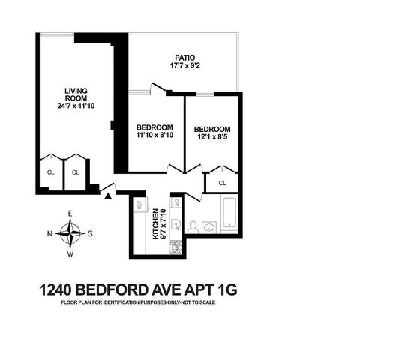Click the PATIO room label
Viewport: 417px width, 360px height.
point(184,58)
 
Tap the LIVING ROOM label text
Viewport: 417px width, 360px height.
point(76,94)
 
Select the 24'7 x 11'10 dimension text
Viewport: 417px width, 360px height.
point(76,106)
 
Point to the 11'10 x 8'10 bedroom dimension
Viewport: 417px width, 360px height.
point(154,135)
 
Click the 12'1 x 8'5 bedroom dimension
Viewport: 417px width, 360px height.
point(212,137)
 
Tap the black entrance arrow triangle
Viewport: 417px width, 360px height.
point(108,196)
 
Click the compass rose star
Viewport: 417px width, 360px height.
point(70,234)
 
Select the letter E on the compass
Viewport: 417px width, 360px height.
point(70,214)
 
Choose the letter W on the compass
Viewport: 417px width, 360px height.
point(70,254)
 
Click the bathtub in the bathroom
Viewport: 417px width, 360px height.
point(229,214)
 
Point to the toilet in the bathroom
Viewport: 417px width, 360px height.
point(192,227)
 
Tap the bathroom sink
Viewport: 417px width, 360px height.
point(209,228)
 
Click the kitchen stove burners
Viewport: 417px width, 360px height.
point(175,247)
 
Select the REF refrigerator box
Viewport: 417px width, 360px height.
point(139,205)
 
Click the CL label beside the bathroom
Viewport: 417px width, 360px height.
point(222,183)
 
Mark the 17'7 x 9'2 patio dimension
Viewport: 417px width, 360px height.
point(184,65)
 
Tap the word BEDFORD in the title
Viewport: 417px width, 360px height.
point(112,289)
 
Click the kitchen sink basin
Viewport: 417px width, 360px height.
point(175,225)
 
